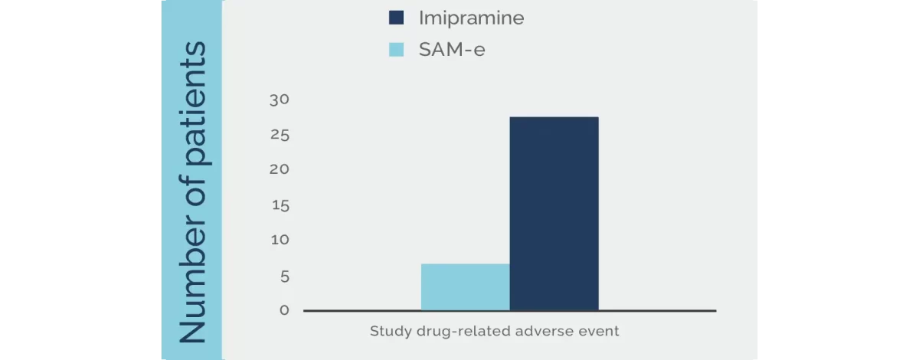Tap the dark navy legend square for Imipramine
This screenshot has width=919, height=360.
click(x=396, y=18)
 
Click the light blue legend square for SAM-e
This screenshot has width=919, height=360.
click(x=396, y=51)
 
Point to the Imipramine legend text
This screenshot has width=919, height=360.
click(x=471, y=18)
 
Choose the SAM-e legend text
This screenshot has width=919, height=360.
click(x=452, y=51)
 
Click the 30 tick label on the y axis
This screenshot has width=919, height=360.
click(x=279, y=100)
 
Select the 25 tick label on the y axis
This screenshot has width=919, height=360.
click(x=279, y=136)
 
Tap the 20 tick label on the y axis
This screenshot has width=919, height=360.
click(x=279, y=169)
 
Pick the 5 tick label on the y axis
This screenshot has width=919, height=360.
click(x=284, y=276)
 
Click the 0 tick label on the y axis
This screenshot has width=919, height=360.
click(x=284, y=310)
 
